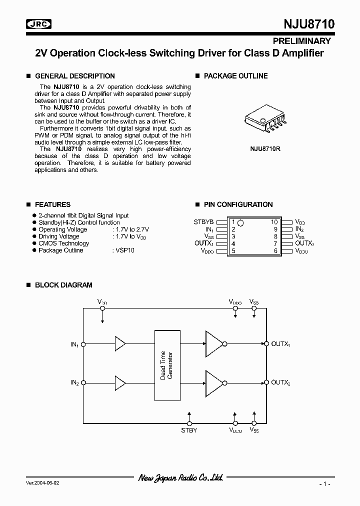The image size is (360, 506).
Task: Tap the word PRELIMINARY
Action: point(301,41)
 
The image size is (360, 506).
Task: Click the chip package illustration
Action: point(265,120)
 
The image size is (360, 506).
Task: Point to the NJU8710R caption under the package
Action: point(265,148)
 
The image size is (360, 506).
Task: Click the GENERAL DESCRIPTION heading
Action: point(74,76)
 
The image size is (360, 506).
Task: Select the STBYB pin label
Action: point(203,221)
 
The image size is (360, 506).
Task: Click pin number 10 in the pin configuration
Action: point(274,221)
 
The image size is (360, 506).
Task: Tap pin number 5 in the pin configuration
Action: point(233,250)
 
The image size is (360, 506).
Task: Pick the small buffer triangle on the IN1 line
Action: point(120,344)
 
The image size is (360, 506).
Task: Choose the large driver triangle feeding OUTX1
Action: point(213,344)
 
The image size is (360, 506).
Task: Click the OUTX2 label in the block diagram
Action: point(281,382)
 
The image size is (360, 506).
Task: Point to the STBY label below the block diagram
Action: point(188,430)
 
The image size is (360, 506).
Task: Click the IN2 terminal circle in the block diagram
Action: point(84,383)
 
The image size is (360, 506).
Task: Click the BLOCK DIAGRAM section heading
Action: point(63,285)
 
